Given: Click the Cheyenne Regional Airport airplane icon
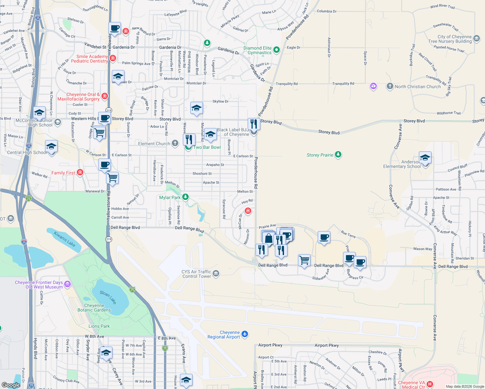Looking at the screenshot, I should coord(245,334).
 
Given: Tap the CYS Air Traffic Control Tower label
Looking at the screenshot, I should coord(196,274).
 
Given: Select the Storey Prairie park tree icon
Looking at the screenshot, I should coord(338,154).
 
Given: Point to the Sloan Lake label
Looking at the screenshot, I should coord(108,297).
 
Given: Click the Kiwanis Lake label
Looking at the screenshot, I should coord(65,239).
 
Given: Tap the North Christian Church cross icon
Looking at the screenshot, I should coord(390,86).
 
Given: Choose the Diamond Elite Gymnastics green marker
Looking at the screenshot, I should coord(277,50).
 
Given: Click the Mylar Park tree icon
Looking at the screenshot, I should coord(185,197).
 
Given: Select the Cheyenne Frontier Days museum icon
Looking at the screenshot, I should coord(67,284).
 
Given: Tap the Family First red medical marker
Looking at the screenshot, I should coord(80,172).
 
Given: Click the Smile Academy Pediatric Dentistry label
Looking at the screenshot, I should coord(90,59).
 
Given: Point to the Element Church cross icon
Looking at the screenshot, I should coord(175,143).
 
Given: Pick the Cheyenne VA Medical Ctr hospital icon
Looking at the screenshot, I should coord(430,384).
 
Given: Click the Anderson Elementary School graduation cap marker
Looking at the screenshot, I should coord(425,158).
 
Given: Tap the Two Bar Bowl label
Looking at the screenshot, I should coord(207,147).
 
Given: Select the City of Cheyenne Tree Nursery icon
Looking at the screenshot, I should coord(477,39).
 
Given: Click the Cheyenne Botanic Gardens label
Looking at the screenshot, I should coord(94,308).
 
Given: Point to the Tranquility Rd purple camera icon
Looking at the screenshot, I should coord(373,86).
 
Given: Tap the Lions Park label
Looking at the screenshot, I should coord(99,326).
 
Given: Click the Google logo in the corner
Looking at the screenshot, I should coord(11,385).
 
